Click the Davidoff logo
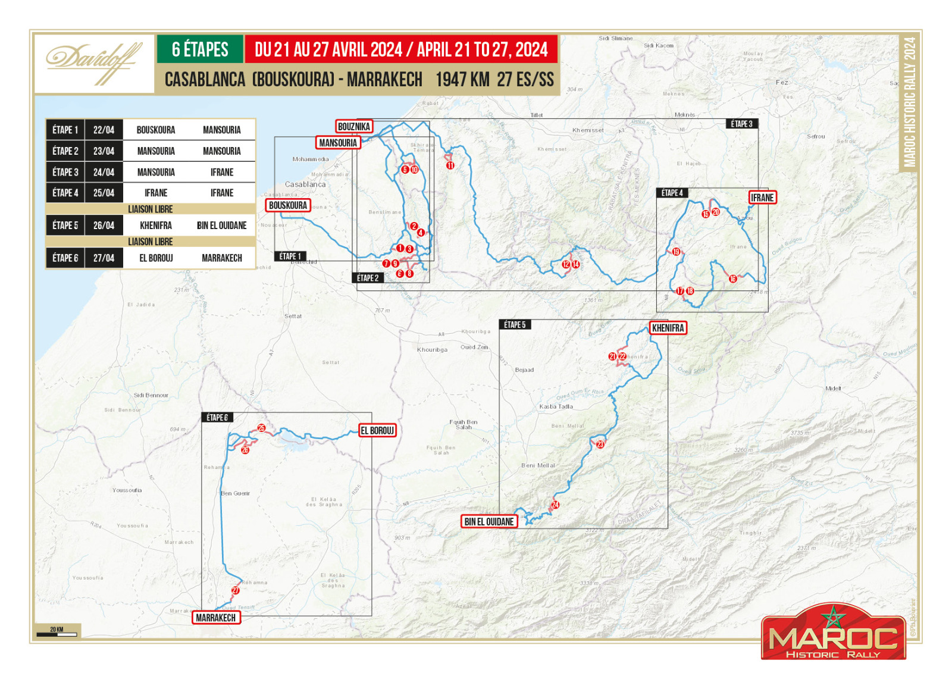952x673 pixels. (x=94, y=63)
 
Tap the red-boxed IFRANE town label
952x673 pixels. (x=762, y=198)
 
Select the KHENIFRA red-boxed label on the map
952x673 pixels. (x=668, y=328)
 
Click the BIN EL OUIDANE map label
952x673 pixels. (x=488, y=522)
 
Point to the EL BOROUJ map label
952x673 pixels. (x=377, y=431)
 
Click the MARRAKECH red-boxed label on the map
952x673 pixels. (x=215, y=618)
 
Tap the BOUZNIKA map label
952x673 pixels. (x=354, y=126)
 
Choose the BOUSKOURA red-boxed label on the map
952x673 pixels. (x=288, y=205)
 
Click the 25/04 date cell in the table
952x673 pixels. (x=104, y=193)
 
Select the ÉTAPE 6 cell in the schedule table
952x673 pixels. (x=65, y=258)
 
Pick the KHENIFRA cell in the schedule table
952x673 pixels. (x=156, y=226)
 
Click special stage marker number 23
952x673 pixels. (x=600, y=444)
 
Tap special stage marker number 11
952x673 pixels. (x=450, y=165)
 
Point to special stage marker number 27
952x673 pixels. (x=236, y=590)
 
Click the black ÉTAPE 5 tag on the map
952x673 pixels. (x=515, y=325)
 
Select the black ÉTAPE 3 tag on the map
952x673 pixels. (x=741, y=124)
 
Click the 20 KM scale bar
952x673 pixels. (x=57, y=632)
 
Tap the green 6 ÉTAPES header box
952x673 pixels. (x=200, y=49)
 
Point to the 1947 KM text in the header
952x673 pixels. (x=462, y=80)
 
